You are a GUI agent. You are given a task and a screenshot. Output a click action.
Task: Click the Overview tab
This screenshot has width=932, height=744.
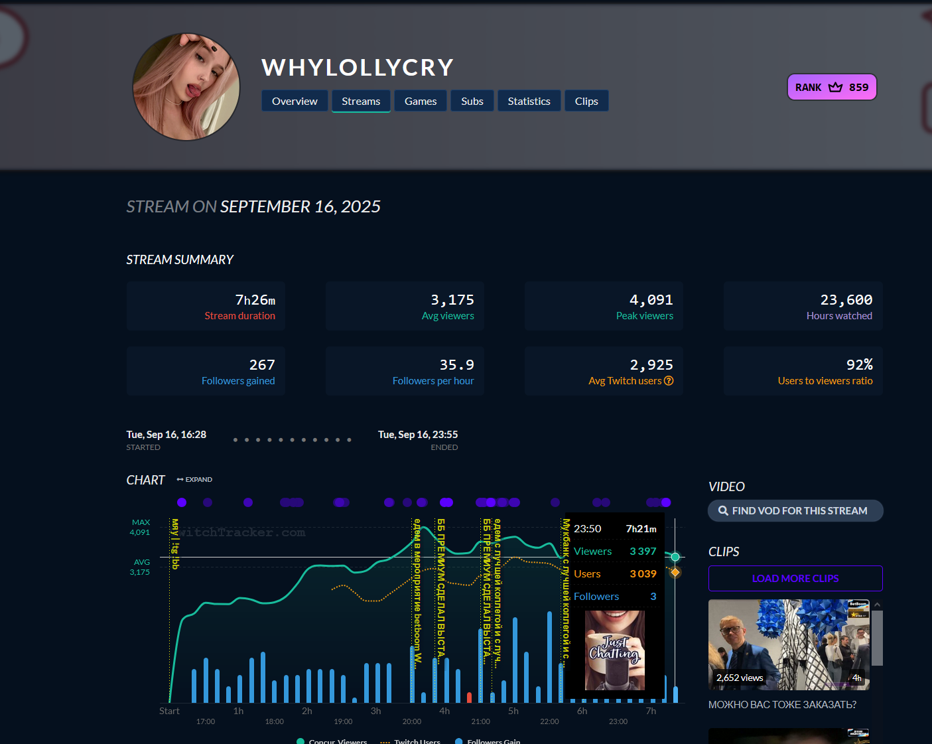click(x=295, y=101)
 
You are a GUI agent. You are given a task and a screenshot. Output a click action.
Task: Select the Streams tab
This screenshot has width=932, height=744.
click(x=361, y=101)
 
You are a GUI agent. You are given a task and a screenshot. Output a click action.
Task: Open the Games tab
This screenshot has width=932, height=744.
click(x=421, y=101)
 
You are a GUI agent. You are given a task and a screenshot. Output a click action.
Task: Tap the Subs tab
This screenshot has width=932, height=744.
click(x=472, y=101)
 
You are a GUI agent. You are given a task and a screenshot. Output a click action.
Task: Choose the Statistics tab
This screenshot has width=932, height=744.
click(x=529, y=101)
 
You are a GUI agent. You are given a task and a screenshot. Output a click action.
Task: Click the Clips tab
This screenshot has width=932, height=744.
click(x=586, y=101)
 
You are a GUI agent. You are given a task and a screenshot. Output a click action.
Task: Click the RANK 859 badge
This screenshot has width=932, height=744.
click(x=832, y=87)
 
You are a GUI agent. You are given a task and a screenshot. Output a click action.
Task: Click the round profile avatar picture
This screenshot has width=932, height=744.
click(x=186, y=87)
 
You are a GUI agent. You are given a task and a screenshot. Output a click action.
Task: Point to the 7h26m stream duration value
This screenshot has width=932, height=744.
click(x=255, y=300)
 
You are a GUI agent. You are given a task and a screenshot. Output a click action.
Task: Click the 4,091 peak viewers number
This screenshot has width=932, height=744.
click(x=651, y=300)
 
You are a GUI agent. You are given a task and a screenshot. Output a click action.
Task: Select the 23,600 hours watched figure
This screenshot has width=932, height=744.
click(x=846, y=300)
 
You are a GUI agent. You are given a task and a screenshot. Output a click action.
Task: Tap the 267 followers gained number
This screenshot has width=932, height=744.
click(x=262, y=365)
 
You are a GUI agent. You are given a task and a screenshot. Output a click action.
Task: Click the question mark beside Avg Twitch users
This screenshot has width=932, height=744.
click(x=669, y=381)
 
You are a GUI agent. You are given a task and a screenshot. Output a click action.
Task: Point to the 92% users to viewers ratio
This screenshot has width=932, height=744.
click(x=859, y=365)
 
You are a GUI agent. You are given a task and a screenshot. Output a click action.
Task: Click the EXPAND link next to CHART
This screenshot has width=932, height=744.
click(x=195, y=479)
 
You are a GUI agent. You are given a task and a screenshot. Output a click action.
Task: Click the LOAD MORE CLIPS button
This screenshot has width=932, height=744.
click(x=795, y=578)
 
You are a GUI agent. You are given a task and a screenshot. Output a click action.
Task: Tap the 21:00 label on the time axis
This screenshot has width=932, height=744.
click(x=480, y=721)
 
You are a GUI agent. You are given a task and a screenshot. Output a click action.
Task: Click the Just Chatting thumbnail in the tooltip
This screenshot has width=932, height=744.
click(x=615, y=650)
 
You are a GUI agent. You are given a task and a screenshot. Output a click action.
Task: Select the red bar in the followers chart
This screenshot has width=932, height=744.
click(x=470, y=697)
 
